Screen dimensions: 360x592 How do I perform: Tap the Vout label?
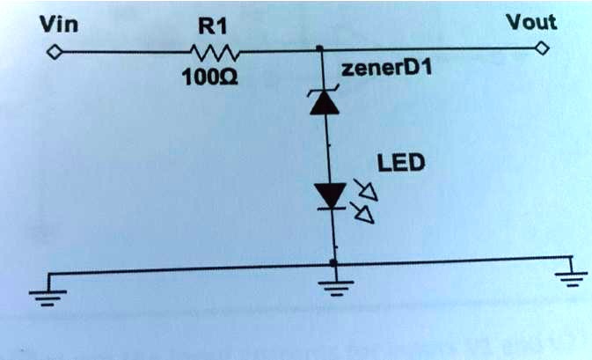(530, 21)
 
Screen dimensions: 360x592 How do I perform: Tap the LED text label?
(400, 163)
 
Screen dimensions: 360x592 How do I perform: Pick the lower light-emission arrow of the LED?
(363, 211)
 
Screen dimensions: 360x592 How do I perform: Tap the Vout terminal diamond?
(543, 48)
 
